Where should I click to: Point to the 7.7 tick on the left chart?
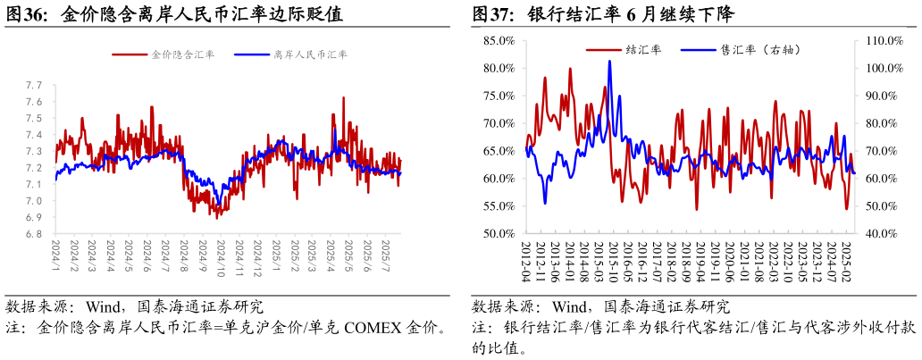35,86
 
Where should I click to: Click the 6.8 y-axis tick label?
35,234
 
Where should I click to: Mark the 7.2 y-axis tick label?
35,168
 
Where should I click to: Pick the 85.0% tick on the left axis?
498,40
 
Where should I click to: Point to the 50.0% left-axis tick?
498,234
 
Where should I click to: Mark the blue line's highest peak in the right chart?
609,61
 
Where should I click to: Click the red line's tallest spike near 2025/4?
343,97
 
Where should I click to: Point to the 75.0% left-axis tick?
498,96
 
